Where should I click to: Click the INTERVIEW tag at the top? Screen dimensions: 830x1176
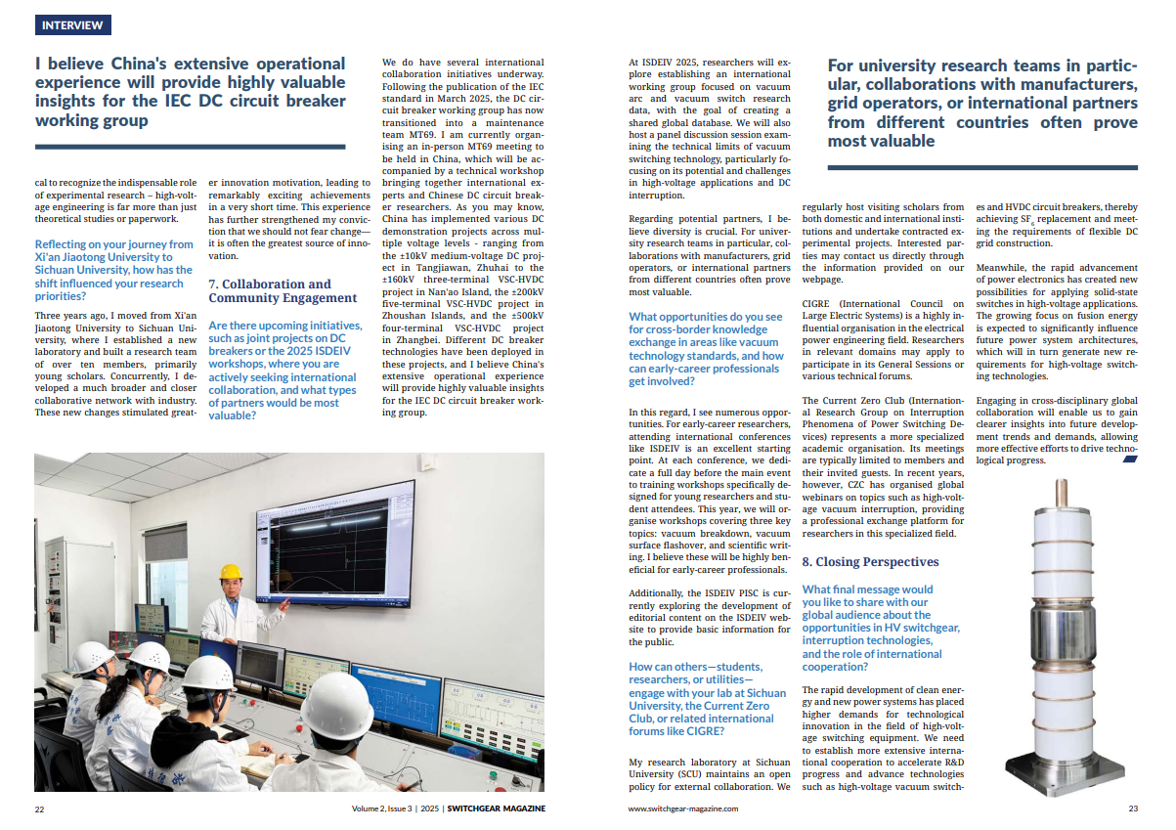pos(72,25)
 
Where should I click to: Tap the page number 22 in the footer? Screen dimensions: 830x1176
pos(39,808)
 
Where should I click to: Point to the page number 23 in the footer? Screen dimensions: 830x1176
pos(1133,808)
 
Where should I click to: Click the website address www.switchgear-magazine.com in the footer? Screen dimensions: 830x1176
pos(682,808)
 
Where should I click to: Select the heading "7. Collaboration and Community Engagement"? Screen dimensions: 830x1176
pos(283,290)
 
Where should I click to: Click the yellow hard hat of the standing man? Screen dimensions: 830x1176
pos(231,572)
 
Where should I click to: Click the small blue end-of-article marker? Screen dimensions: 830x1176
pos(1130,459)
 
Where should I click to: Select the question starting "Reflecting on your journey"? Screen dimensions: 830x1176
pos(114,270)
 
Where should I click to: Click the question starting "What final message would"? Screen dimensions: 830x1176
pos(873,628)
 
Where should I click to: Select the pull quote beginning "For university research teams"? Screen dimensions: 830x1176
pos(982,104)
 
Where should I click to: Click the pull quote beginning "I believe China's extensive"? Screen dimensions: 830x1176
pos(191,92)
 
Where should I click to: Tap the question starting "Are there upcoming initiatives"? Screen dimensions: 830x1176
pos(283,371)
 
